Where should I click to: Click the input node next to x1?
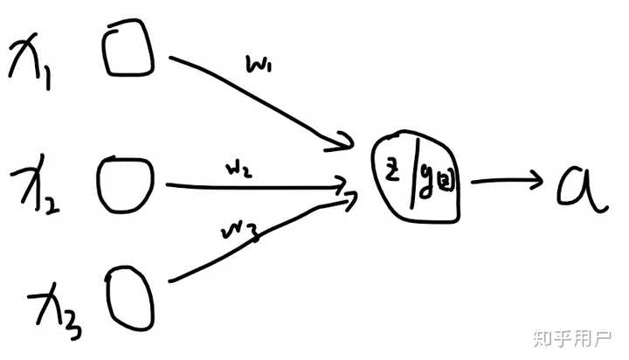(128, 52)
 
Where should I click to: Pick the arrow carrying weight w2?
(253, 186)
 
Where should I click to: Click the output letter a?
(581, 186)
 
